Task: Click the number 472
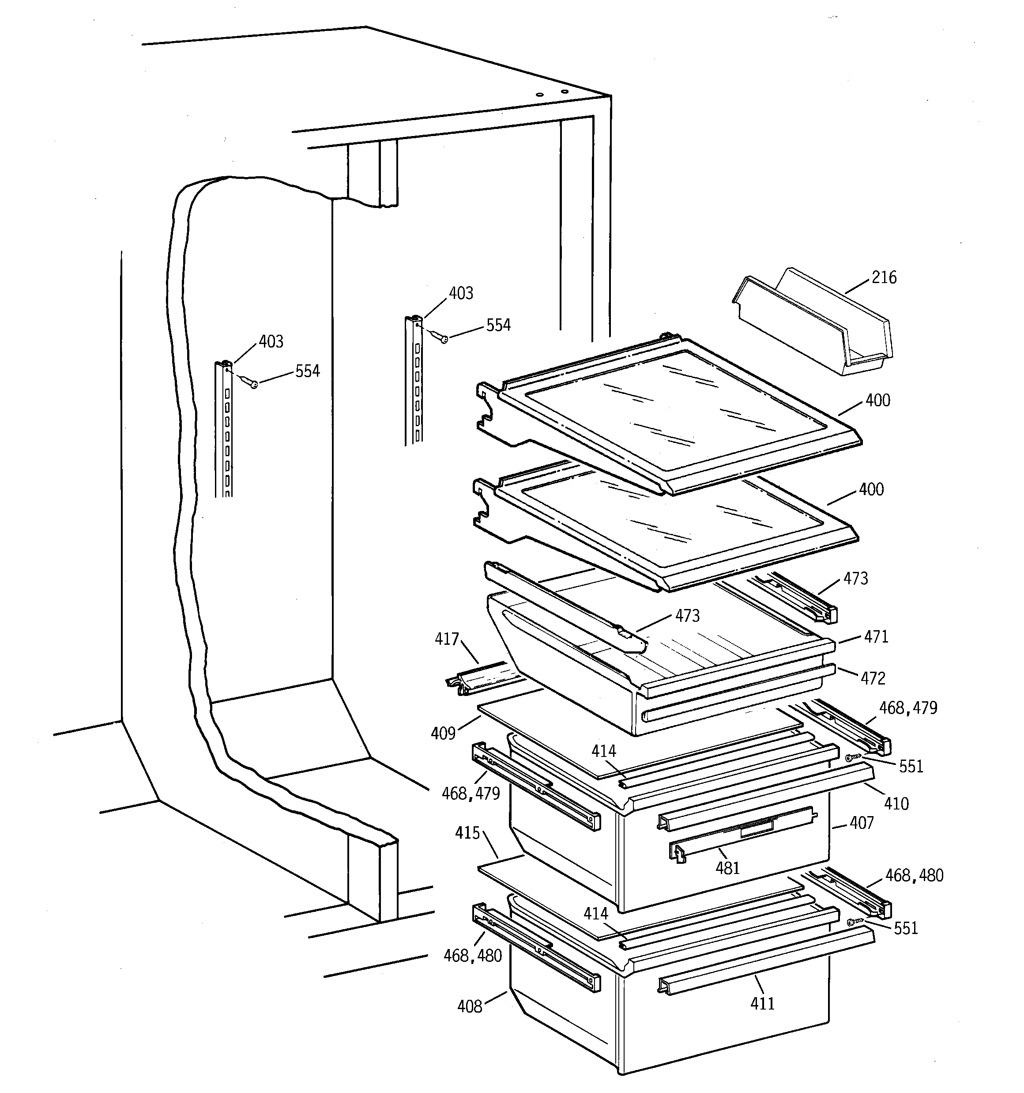tap(873, 678)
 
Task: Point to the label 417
tap(447, 639)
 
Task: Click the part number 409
tap(443, 734)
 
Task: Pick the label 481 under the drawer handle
tap(727, 868)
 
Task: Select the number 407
tap(861, 823)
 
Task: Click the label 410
tap(896, 804)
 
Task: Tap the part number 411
tap(762, 1003)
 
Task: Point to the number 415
tap(467, 833)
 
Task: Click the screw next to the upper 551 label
tap(851, 758)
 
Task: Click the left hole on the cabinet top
tap(540, 95)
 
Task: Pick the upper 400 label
tap(878, 400)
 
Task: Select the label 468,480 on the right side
tap(914, 875)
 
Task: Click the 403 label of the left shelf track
tap(271, 341)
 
